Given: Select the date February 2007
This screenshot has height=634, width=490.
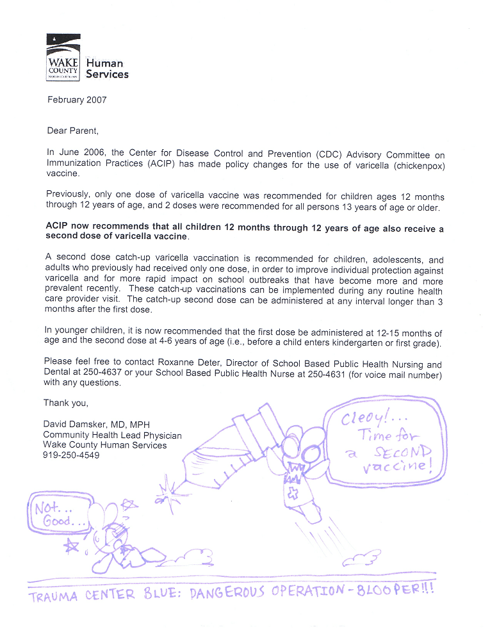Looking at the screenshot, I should (x=77, y=100).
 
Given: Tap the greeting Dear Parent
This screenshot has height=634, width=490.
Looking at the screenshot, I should (x=73, y=131).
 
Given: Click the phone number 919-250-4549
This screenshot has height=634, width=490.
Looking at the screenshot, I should (x=71, y=455).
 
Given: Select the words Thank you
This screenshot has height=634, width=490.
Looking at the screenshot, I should (x=65, y=403).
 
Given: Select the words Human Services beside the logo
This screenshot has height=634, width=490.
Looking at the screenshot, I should (x=107, y=69).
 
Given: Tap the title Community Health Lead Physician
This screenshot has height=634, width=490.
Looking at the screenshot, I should (x=112, y=435).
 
